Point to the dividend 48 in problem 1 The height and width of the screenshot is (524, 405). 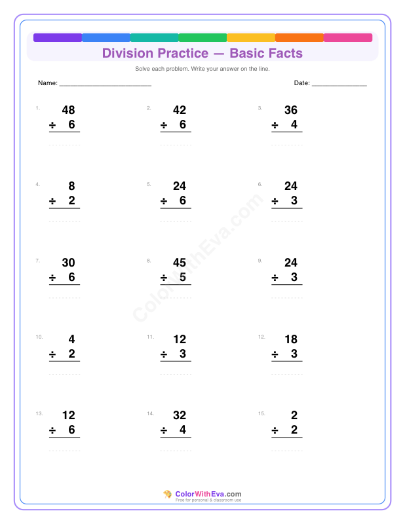point(68,110)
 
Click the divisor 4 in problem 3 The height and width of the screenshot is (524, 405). point(294,124)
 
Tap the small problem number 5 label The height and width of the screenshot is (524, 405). point(149,185)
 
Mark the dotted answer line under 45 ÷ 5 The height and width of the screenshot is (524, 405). point(176,297)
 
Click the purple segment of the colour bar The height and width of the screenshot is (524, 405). point(58,37)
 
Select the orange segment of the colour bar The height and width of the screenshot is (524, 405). point(299,37)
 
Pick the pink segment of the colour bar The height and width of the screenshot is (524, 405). point(348,37)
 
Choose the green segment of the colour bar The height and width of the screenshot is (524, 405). point(202,37)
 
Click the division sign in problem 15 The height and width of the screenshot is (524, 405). point(275,430)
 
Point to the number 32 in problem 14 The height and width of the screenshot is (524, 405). point(180,415)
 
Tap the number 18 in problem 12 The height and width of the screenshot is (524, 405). point(291,339)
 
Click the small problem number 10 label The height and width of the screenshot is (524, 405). point(39,337)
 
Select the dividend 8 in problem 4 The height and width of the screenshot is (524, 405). point(71,186)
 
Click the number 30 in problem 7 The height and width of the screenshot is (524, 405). point(68,263)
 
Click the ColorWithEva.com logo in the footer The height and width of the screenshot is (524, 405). point(202,495)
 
